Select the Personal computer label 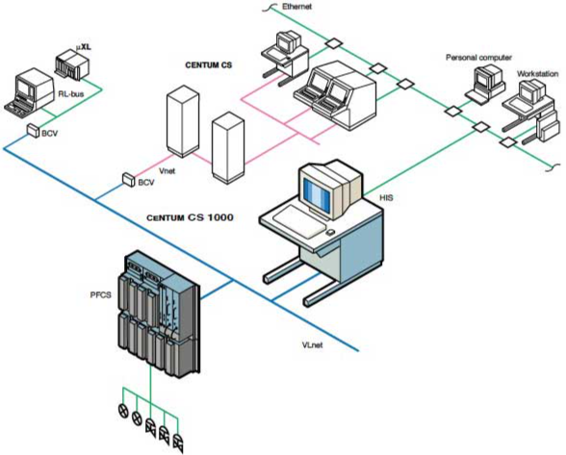coord(476,57)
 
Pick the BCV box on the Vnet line coord(128,178)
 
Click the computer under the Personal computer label coord(476,88)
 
